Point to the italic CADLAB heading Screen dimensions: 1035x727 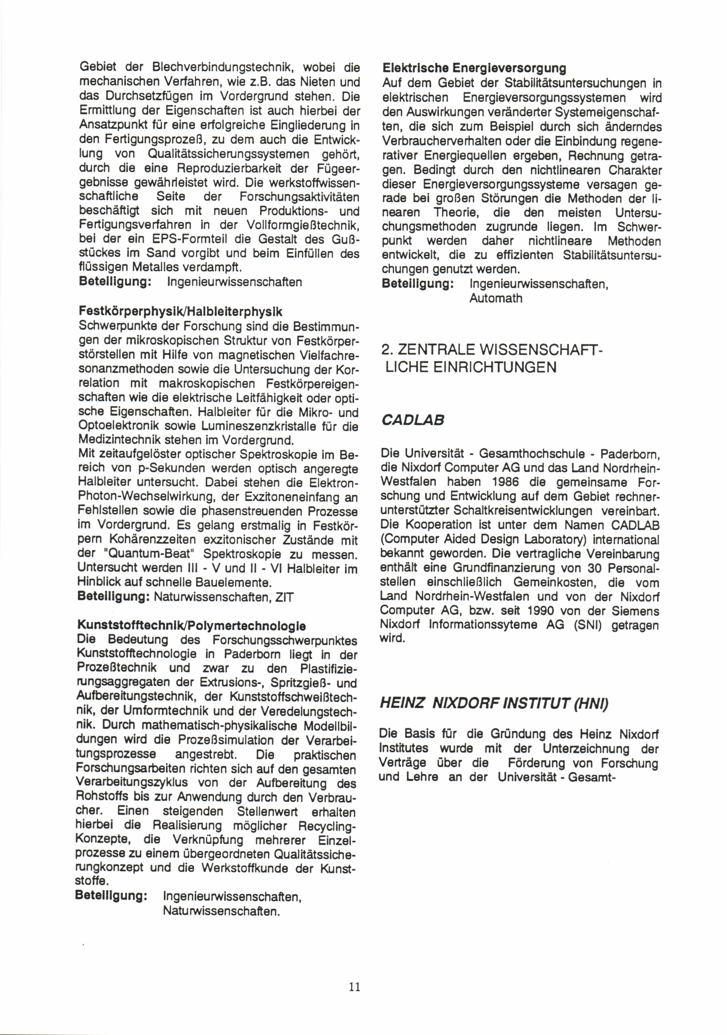click(412, 420)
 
